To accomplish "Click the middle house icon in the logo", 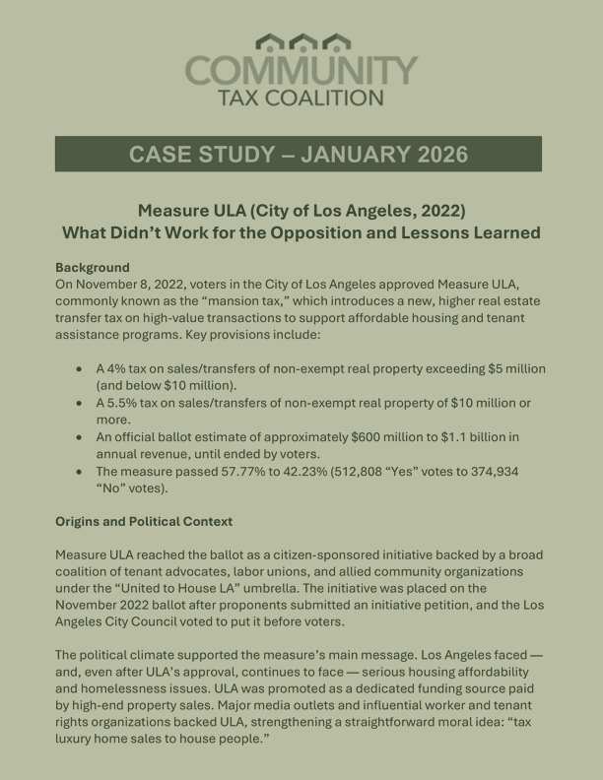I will (301, 42).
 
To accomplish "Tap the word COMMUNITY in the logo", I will (301, 71).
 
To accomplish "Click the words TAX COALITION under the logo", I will (301, 97).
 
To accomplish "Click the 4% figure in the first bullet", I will (120, 368).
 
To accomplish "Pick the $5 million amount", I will (509, 368).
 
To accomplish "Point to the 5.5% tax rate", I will (128, 404).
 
